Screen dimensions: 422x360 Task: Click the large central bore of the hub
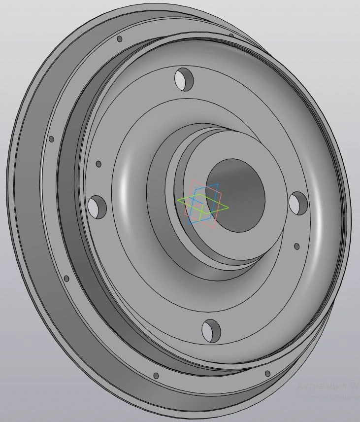click(235, 195)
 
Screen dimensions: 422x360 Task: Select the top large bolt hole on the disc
click(184, 79)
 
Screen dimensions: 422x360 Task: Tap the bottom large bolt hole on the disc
click(211, 330)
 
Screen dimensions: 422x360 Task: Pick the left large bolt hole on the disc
click(97, 207)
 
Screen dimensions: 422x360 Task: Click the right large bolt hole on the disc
click(297, 203)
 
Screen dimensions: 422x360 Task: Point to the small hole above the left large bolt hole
click(98, 164)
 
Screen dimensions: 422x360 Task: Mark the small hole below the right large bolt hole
click(296, 246)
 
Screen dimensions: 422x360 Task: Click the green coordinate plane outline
click(182, 201)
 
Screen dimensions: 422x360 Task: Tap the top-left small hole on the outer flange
click(119, 38)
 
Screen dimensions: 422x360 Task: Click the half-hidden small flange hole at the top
click(231, 35)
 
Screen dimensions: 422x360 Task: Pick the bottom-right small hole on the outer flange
click(267, 373)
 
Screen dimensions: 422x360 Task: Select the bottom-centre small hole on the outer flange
click(156, 376)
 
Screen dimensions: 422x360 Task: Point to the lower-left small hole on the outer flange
click(66, 279)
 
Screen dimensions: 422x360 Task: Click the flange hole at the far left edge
click(51, 140)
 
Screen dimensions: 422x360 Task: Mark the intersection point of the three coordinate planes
click(202, 205)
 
